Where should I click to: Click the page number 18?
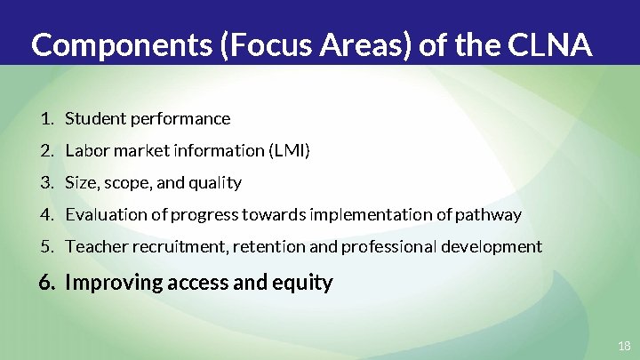623,345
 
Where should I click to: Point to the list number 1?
46,118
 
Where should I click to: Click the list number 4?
46,214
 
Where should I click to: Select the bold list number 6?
47,283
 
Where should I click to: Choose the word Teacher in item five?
94,246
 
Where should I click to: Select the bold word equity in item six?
307,283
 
